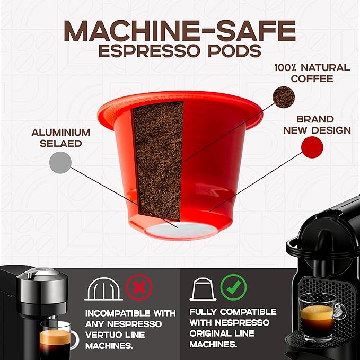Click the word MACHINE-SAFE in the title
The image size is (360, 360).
180,31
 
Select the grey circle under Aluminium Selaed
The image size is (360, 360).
60,162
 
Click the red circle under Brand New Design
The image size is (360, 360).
312,147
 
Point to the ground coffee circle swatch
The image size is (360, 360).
283,97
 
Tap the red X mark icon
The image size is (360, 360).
139,288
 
